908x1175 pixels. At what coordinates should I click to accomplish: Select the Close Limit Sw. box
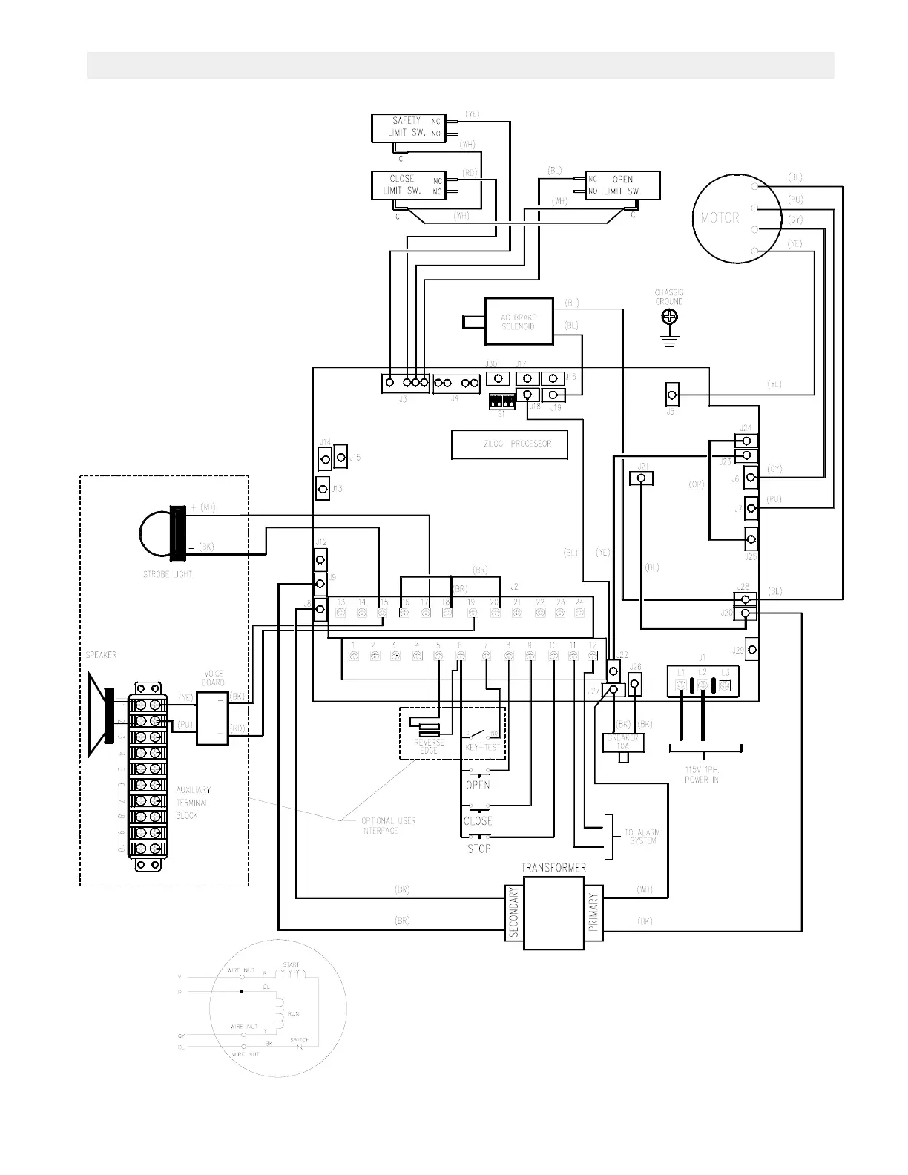pyautogui.click(x=407, y=185)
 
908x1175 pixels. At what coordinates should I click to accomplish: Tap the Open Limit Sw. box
pyautogui.click(x=622, y=185)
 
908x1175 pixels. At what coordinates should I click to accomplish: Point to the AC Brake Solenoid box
pyautogui.click(x=519, y=322)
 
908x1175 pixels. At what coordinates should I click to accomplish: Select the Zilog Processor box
pyautogui.click(x=510, y=444)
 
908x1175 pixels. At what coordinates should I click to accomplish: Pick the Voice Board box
pyautogui.click(x=214, y=718)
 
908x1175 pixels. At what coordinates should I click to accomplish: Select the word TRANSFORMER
pyautogui.click(x=553, y=867)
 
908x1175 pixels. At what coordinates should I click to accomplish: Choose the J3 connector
pyautogui.click(x=406, y=383)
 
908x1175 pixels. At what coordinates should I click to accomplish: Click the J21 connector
pyautogui.click(x=641, y=479)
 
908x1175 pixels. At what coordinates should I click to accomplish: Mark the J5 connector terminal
pyautogui.click(x=672, y=394)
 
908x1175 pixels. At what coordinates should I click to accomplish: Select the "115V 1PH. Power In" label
pyautogui.click(x=701, y=775)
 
